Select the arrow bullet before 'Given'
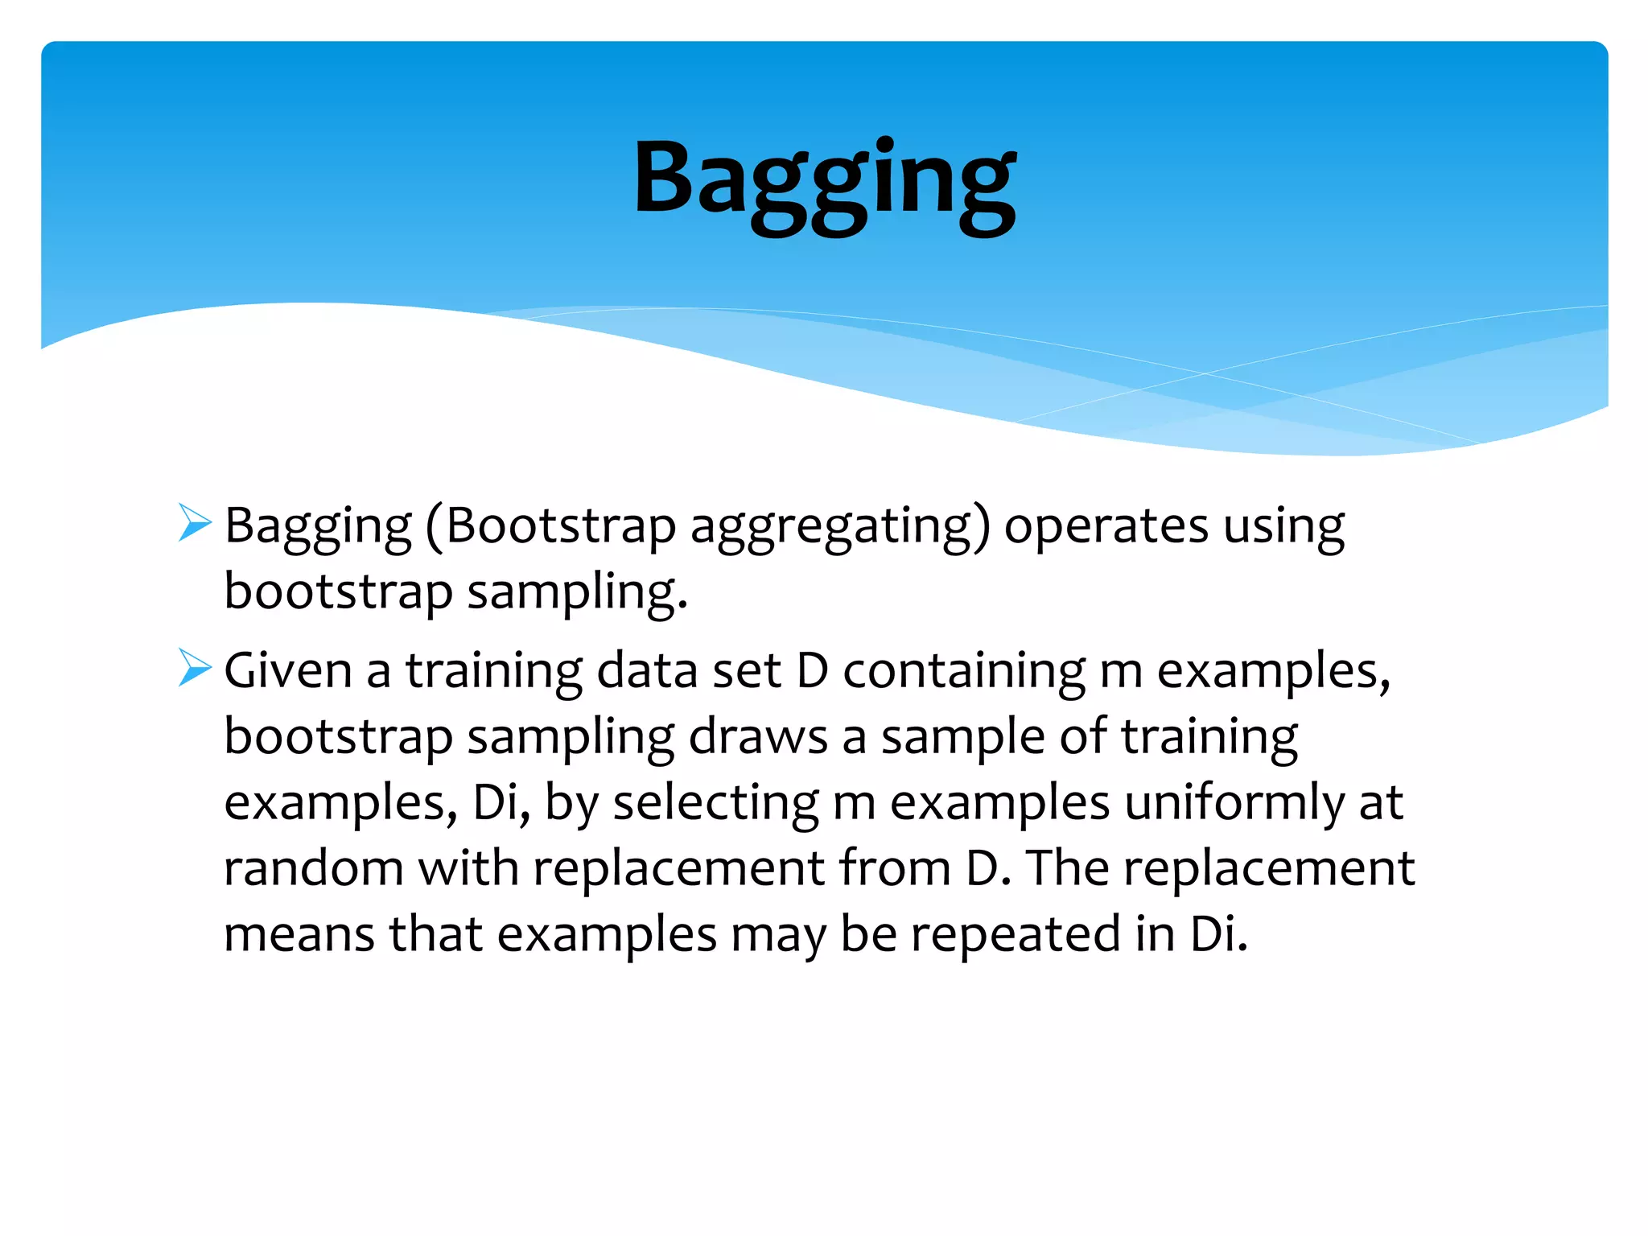tap(195, 667)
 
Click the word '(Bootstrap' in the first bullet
tap(550, 527)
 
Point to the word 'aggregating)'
tap(840, 527)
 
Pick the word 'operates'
tap(1106, 527)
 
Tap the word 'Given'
tap(288, 670)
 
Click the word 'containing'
tap(964, 670)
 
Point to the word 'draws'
tap(758, 736)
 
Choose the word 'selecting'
tap(715, 802)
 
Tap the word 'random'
tap(313, 868)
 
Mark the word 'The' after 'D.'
tap(1067, 868)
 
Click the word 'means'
tap(299, 934)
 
